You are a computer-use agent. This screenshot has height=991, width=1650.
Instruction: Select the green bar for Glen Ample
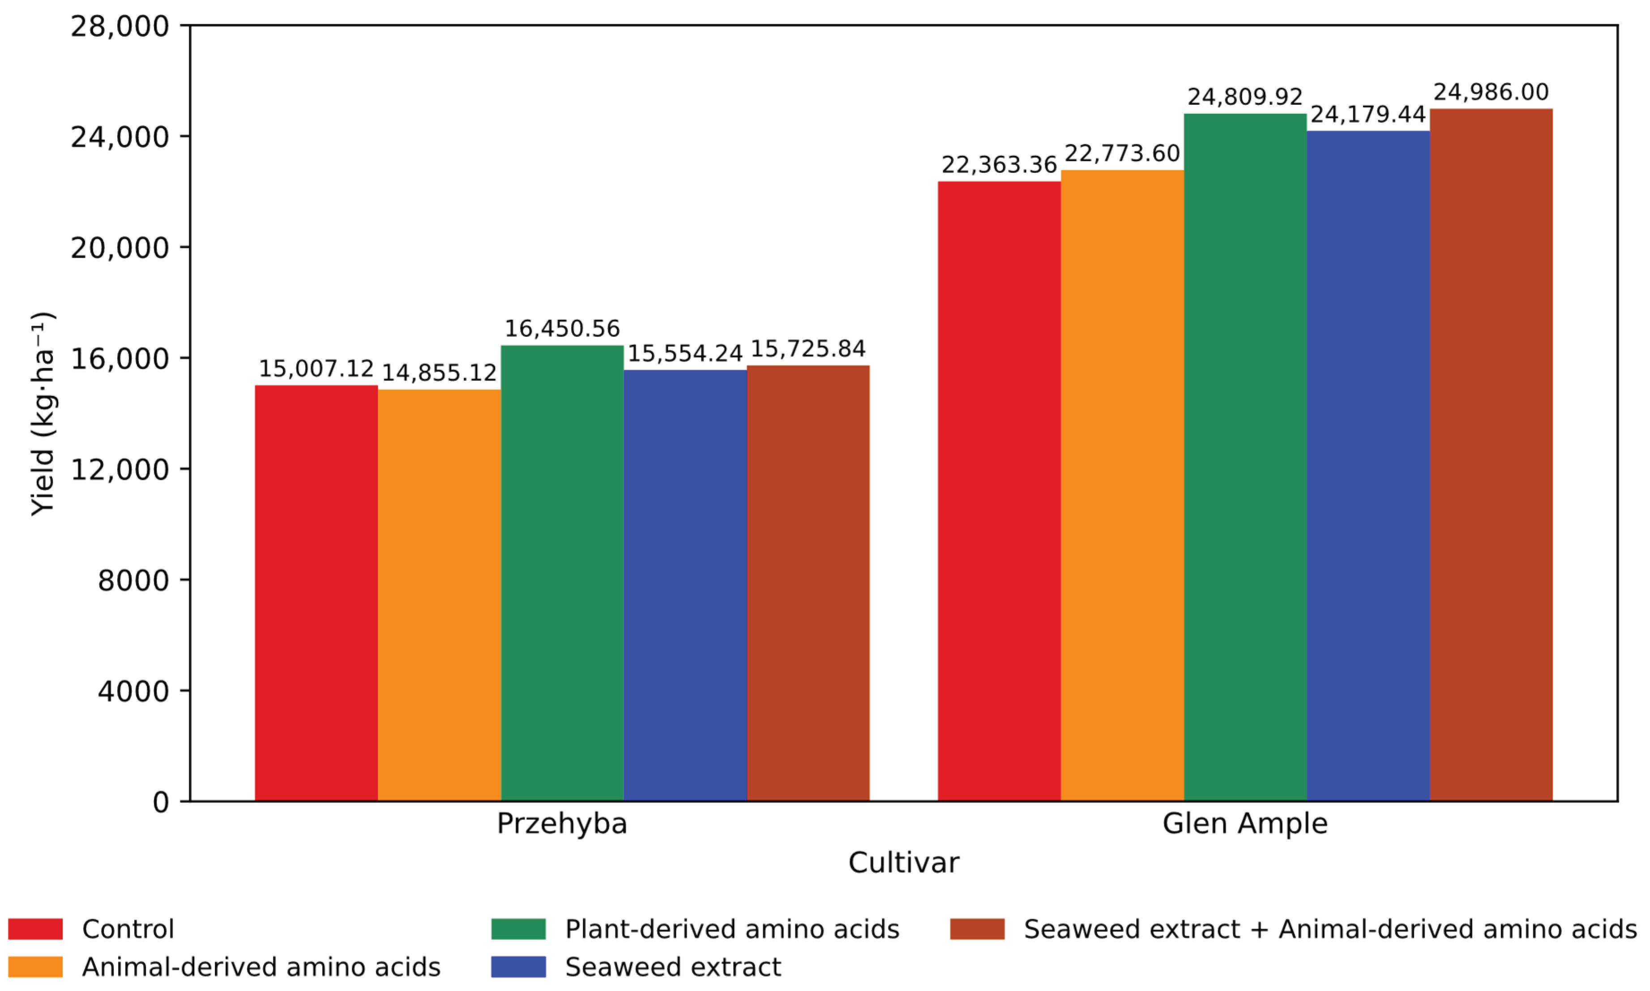[1245, 457]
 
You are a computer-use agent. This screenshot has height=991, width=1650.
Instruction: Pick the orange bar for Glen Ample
[1122, 485]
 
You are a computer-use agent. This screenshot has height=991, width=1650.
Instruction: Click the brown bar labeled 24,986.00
[1491, 455]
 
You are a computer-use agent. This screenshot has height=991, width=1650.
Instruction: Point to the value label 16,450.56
[562, 329]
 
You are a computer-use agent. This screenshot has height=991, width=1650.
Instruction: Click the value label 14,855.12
[439, 373]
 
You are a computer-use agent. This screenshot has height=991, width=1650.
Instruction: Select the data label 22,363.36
[999, 165]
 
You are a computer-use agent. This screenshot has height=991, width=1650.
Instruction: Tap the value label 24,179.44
[1368, 115]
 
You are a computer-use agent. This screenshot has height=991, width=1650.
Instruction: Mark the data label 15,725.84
[808, 348]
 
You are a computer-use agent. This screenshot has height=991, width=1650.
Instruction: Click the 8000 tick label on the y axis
[133, 580]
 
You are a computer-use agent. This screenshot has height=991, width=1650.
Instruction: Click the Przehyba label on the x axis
[562, 824]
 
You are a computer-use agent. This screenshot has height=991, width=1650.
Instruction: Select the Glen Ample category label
[1245, 824]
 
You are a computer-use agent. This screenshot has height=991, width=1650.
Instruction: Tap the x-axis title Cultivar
[904, 863]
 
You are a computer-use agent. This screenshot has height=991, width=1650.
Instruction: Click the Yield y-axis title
[43, 413]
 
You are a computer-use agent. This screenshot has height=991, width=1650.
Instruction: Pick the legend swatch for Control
[35, 929]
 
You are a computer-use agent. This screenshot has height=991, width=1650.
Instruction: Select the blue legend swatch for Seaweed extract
[519, 967]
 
